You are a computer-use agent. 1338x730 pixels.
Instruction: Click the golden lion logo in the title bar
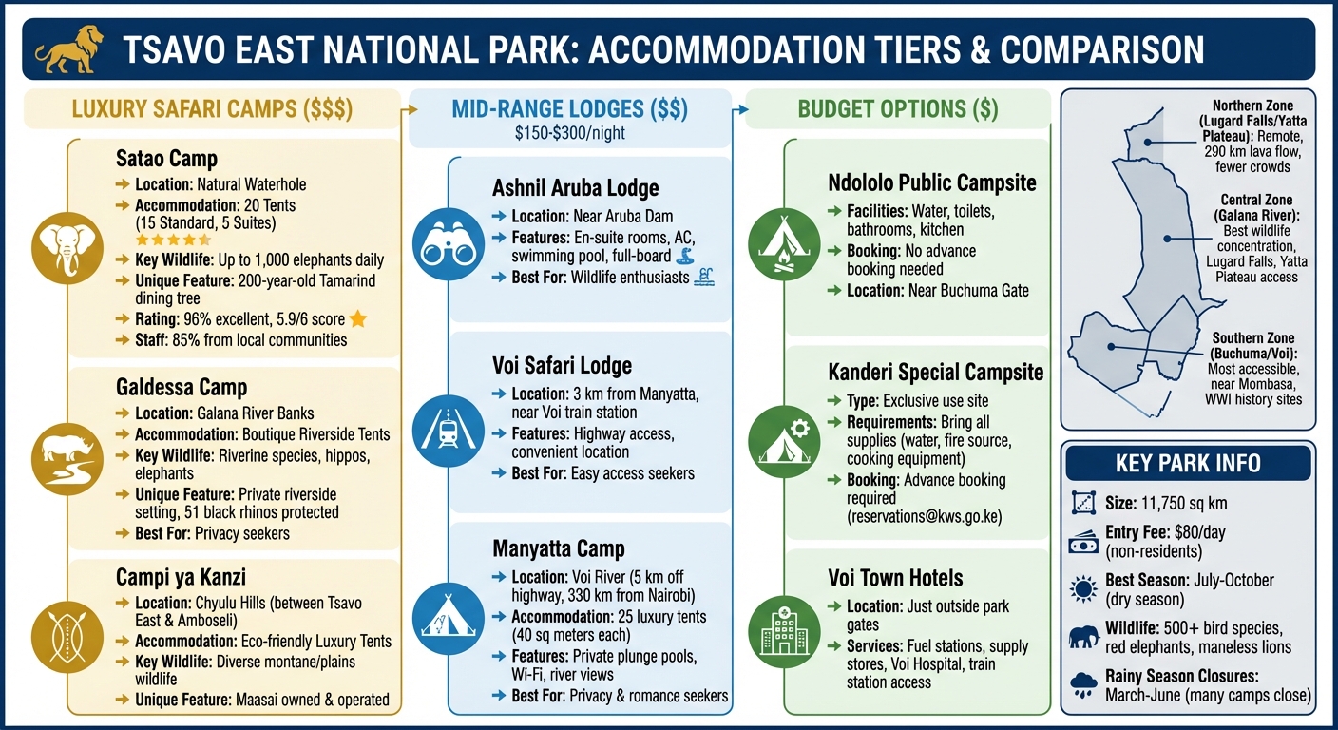click(x=67, y=49)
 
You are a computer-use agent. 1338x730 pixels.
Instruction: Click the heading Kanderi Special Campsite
click(x=936, y=372)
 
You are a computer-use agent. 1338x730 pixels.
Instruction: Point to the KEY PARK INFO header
click(x=1188, y=464)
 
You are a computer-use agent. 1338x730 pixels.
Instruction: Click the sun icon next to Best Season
click(x=1082, y=589)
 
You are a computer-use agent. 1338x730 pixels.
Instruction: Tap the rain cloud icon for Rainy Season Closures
click(x=1082, y=685)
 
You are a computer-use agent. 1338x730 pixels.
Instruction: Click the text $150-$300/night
click(x=570, y=133)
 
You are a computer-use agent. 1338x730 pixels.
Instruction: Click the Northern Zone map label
click(x=1252, y=105)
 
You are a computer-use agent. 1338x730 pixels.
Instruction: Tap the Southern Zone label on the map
click(x=1252, y=338)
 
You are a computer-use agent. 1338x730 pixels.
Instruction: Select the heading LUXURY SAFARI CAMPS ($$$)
click(x=212, y=109)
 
